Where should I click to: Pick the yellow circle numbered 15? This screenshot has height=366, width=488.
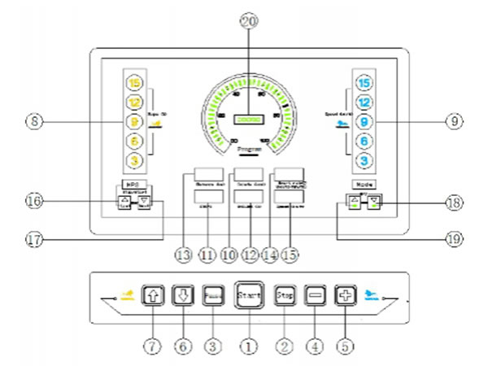pyautogui.click(x=133, y=82)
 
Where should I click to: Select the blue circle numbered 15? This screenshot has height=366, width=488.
pyautogui.click(x=364, y=82)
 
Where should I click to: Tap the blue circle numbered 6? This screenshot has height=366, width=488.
pyautogui.click(x=364, y=139)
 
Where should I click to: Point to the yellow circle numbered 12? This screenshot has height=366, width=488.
pyautogui.click(x=133, y=102)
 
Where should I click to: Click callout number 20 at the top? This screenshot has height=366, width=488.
pyautogui.click(x=247, y=25)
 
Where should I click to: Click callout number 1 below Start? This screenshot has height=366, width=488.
pyautogui.click(x=247, y=345)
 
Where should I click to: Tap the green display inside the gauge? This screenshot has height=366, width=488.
pyautogui.click(x=247, y=119)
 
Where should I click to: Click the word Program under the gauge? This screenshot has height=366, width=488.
pyautogui.click(x=247, y=150)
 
